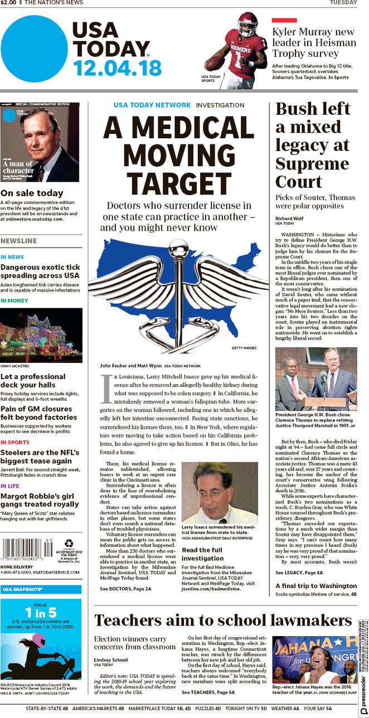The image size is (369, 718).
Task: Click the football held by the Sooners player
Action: tap(215, 62)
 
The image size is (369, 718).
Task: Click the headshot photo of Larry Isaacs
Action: tap(219, 492)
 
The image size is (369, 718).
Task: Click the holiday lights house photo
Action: tap(41, 336)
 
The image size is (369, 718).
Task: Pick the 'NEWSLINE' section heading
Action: tap(18, 241)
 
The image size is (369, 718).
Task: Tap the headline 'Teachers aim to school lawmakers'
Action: tap(223, 619)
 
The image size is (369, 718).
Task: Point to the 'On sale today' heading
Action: tap(32, 193)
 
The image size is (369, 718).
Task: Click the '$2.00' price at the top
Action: tap(8, 3)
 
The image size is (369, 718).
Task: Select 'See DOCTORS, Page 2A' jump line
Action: tap(125, 588)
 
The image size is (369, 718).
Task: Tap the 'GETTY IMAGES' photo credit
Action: tap(244, 348)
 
